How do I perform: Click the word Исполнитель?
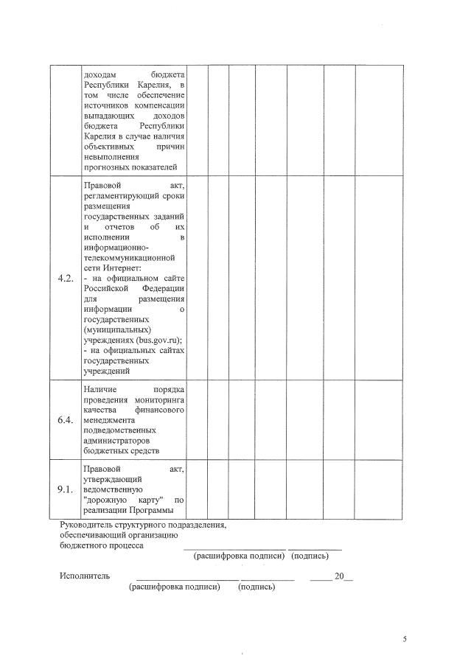pos(85,576)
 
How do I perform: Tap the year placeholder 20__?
pos(343,576)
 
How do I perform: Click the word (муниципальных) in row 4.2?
pos(117,330)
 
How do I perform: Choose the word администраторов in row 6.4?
pos(117,441)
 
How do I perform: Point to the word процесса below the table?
pos(126,546)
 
